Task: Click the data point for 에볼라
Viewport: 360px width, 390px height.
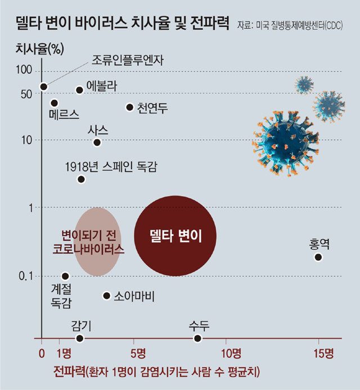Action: point(79,90)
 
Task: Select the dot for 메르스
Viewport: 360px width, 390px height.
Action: point(55,103)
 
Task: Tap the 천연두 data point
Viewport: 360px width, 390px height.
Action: point(129,107)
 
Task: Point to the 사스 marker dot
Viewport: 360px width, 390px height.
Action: point(97,142)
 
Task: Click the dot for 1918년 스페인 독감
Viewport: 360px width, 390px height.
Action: point(81,179)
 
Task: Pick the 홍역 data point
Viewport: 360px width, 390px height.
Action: point(318,257)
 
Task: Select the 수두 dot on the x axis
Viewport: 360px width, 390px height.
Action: point(197,338)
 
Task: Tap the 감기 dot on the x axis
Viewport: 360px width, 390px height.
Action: point(80,338)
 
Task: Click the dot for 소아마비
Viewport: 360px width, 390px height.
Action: point(106,295)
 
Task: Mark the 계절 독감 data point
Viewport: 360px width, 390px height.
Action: point(65,276)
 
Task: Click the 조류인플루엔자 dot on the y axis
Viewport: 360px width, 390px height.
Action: point(44,87)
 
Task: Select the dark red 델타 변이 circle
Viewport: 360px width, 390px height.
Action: point(175,235)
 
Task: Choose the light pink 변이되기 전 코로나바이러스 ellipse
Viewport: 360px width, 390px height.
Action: point(97,242)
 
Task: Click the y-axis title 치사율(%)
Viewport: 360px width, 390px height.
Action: point(39,48)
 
